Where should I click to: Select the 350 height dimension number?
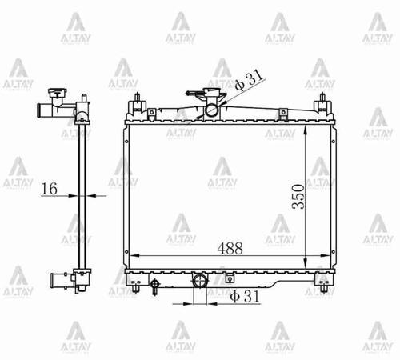298,195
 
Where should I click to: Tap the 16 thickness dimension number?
49,189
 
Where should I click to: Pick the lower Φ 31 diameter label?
246,297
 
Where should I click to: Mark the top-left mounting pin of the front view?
138,103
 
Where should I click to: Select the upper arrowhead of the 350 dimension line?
307,128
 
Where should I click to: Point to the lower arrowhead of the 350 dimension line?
307,266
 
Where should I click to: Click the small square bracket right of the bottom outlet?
229,279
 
